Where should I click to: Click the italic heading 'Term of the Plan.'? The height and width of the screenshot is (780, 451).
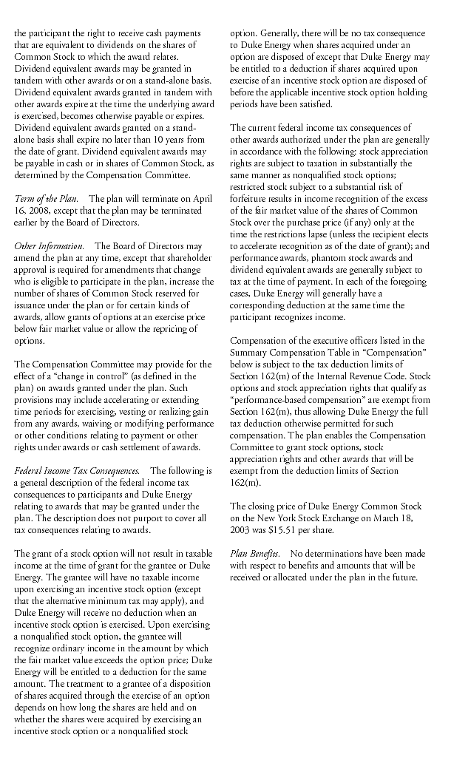tap(45, 200)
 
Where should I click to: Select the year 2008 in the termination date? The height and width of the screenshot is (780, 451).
tap(38, 211)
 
